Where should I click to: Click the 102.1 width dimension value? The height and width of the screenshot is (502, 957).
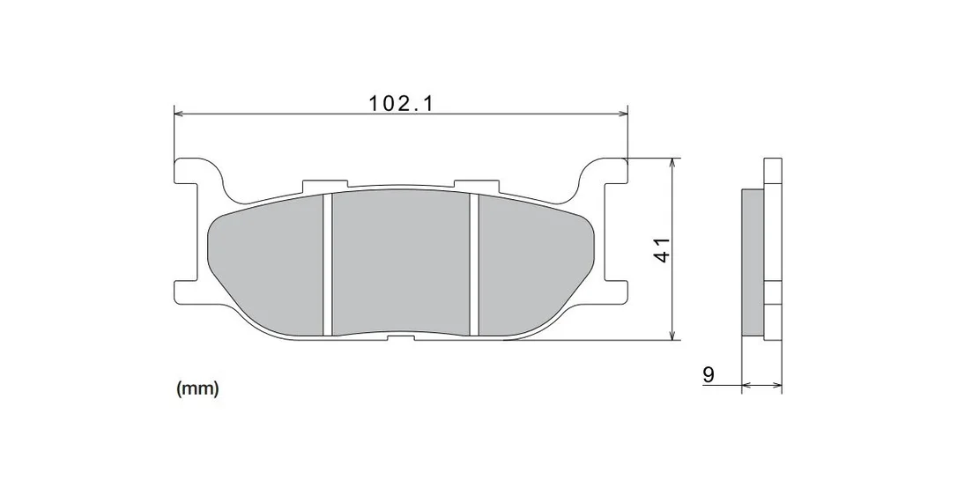(400, 103)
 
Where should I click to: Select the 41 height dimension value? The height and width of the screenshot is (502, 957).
(662, 249)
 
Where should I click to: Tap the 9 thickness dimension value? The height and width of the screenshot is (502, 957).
(708, 374)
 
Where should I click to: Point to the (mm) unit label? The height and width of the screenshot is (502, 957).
(197, 388)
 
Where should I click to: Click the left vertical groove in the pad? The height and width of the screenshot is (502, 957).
(327, 265)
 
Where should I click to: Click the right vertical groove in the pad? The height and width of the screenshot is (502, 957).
(473, 265)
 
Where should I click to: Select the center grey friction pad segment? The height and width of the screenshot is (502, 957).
(400, 262)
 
